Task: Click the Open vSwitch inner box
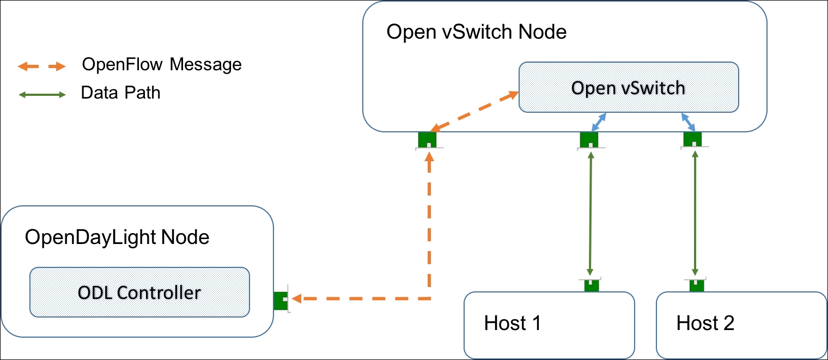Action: (629, 87)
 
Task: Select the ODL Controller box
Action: (139, 292)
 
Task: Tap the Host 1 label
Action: (512, 322)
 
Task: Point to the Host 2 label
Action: (705, 322)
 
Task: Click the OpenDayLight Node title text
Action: (117, 237)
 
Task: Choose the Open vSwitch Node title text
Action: (476, 32)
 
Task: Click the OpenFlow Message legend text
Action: (162, 64)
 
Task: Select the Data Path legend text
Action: (120, 93)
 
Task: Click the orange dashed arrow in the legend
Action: (42, 66)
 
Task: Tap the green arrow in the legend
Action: (42, 95)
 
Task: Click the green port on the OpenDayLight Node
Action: (281, 301)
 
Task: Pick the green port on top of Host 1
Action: (591, 285)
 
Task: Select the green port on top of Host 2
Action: (696, 285)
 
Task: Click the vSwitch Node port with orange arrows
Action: (427, 140)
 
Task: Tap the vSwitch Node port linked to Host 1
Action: (589, 140)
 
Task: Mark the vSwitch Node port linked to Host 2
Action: (693, 139)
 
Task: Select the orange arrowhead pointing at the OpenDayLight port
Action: (297, 298)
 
